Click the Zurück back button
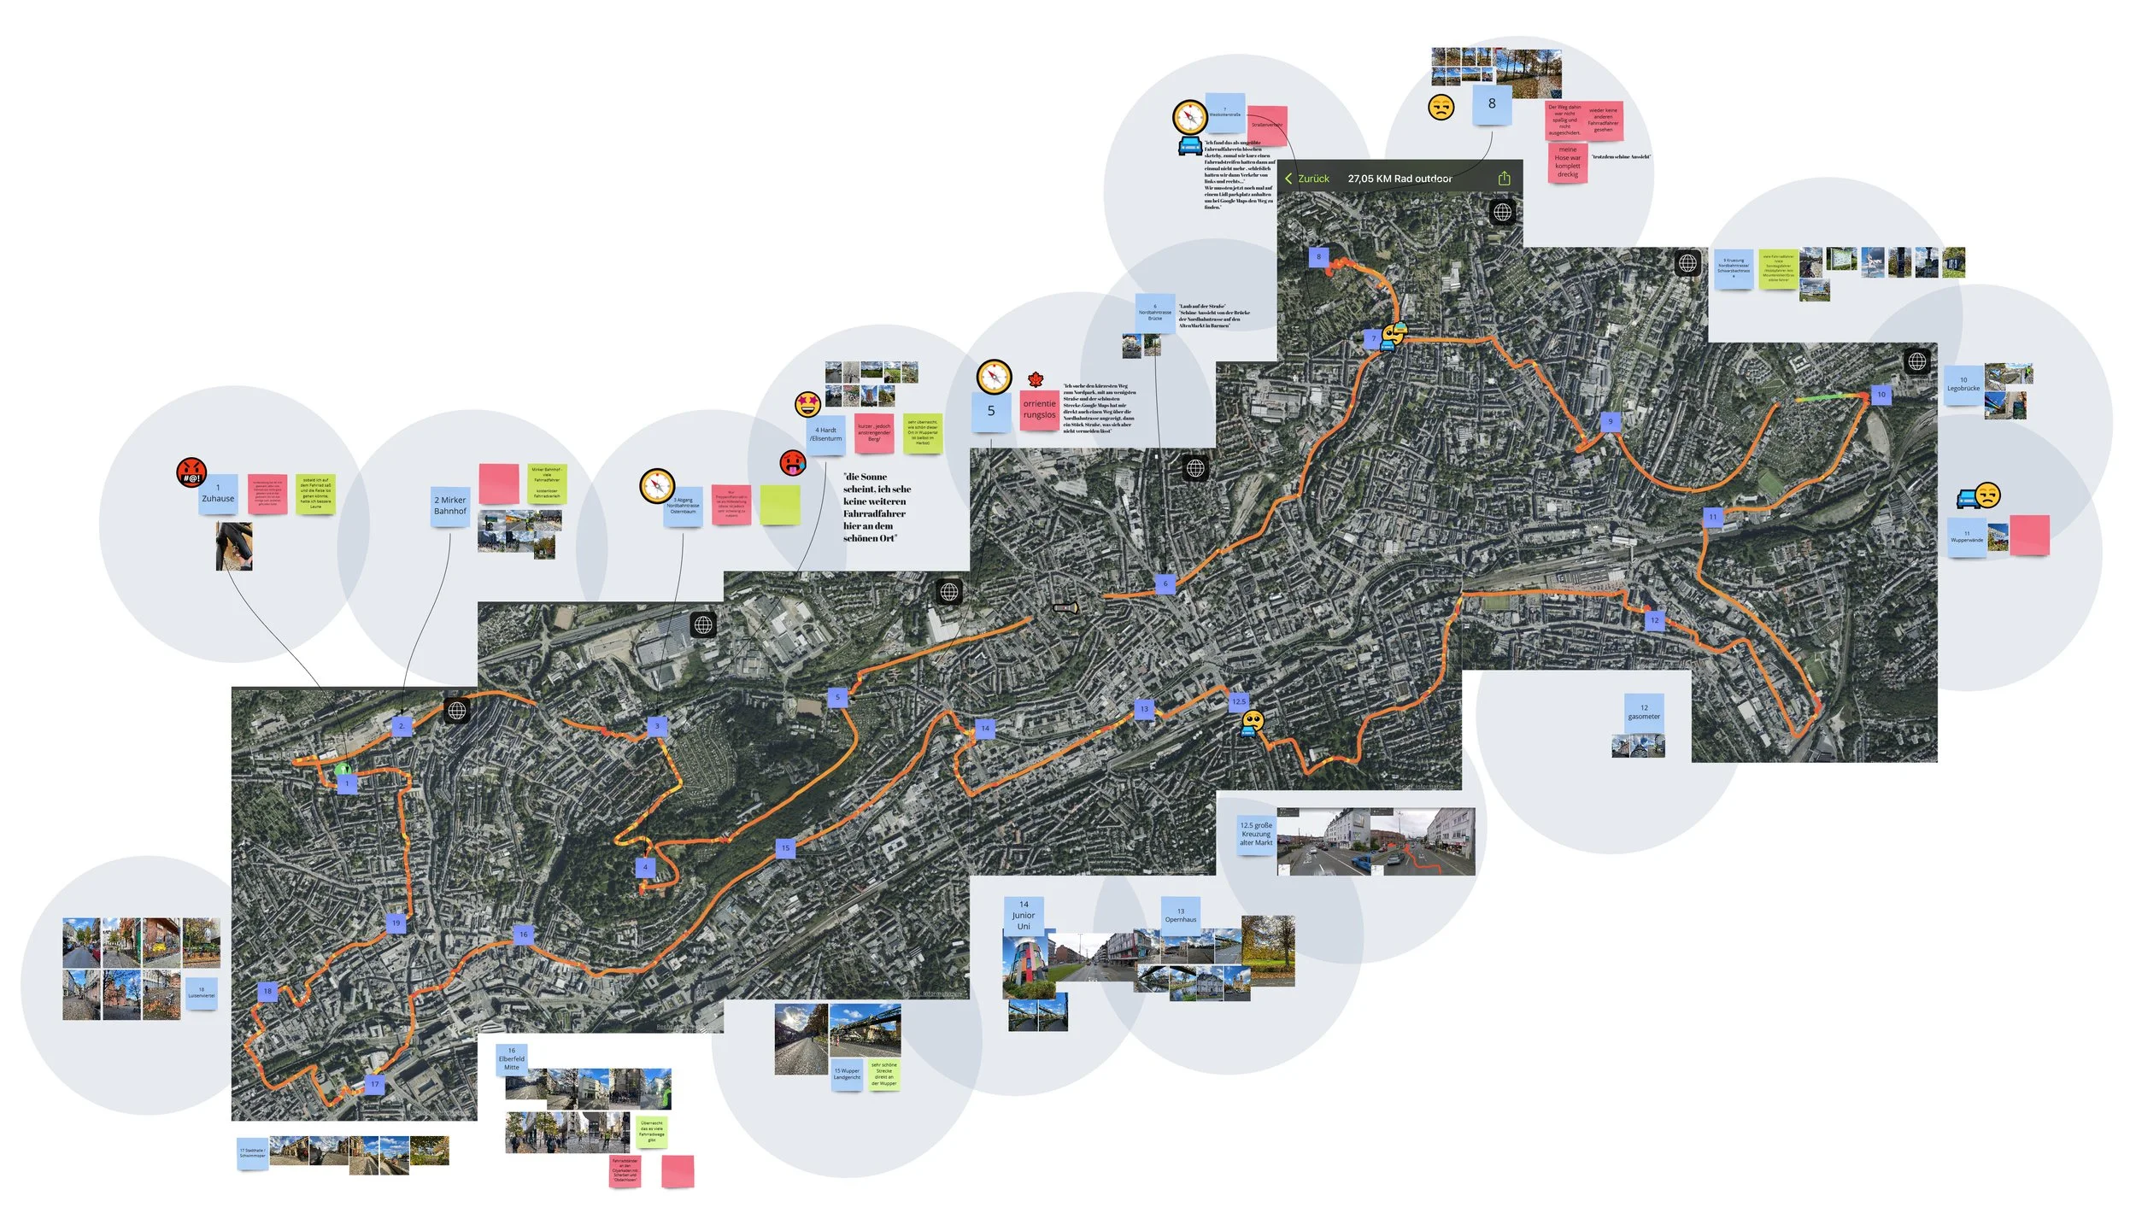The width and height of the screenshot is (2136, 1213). [x=1307, y=179]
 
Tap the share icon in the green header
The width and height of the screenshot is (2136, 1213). [x=1504, y=179]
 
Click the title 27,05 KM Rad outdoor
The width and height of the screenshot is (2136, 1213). [x=1399, y=179]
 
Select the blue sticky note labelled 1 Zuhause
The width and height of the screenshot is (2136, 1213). [x=218, y=494]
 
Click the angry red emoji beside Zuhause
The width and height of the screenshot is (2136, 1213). [x=191, y=471]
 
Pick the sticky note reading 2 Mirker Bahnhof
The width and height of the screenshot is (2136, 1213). [x=450, y=506]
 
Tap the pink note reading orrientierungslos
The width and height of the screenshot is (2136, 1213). [x=1039, y=409]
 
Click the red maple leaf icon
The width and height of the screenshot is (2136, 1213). [x=1036, y=379]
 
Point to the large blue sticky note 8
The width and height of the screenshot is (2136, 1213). [x=1492, y=104]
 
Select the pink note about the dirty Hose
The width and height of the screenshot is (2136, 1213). [x=1567, y=162]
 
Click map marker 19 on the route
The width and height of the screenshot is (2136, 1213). [x=396, y=923]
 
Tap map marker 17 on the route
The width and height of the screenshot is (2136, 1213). [x=374, y=1084]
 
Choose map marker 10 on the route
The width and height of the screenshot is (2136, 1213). [x=1881, y=395]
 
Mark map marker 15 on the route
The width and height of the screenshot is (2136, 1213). [x=785, y=848]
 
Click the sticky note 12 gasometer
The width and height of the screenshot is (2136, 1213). [x=1644, y=712]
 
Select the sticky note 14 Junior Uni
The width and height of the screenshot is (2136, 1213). [x=1024, y=915]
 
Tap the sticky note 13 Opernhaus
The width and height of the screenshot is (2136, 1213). [x=1181, y=916]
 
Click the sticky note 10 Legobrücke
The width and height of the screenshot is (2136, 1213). [x=1963, y=384]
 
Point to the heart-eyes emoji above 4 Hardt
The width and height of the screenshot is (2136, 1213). [x=807, y=403]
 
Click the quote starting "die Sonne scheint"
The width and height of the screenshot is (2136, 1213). [x=877, y=507]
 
